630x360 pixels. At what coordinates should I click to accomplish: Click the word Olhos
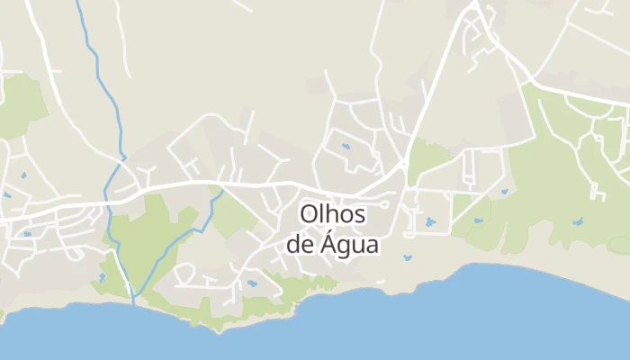point(333,215)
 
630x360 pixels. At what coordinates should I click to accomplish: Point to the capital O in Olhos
point(309,215)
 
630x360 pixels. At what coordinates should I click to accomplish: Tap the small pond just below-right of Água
point(408,259)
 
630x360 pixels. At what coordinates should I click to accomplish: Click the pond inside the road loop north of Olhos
point(344,145)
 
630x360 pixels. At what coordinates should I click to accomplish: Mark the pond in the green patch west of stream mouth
point(103,277)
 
